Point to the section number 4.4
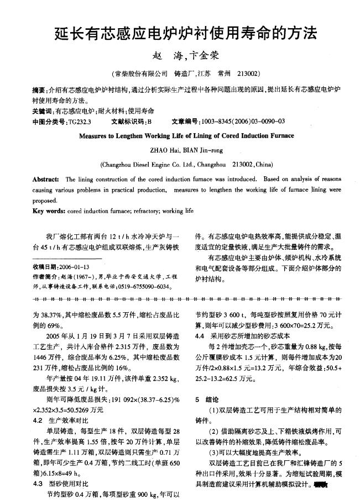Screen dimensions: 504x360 [x=201, y=334]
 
